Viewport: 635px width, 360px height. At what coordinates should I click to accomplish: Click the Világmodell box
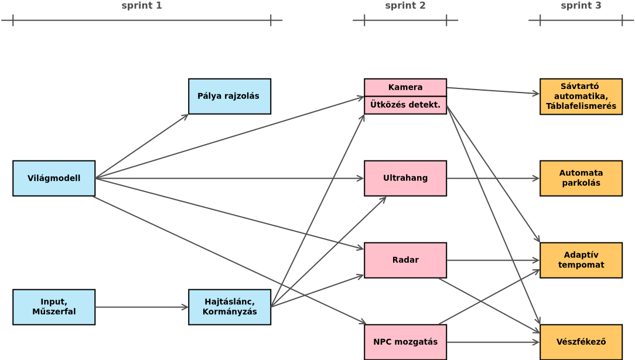coord(54,178)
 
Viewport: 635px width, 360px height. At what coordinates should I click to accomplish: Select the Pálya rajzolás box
coord(229,96)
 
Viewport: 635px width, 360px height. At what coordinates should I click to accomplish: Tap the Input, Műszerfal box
coord(54,307)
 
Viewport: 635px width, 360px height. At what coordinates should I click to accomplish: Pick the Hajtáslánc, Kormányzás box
coord(229,307)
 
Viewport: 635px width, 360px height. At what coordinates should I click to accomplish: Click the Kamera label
coord(405,87)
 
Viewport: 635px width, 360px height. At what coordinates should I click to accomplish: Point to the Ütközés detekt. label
coord(405,105)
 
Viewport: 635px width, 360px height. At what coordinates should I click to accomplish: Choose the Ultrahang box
coord(405,178)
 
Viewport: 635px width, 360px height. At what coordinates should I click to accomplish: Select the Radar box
coord(405,260)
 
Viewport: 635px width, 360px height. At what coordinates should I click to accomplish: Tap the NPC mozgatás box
coord(405,342)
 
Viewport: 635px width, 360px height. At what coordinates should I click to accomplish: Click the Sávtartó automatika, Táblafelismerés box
coord(581,97)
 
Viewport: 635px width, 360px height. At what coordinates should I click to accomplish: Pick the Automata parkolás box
coord(581,178)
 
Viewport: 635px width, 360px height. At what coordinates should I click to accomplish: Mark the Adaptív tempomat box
coord(581,260)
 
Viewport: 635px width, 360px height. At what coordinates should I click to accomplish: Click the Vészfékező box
coord(581,342)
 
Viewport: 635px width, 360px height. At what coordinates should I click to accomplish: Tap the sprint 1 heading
coord(142,6)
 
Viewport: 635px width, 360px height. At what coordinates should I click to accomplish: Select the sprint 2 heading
coord(405,6)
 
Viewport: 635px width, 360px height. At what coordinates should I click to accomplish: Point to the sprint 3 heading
coord(581,6)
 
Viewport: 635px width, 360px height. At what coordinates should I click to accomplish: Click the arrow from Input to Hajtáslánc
coord(141,307)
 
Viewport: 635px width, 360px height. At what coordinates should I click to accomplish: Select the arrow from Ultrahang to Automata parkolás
coord(492,178)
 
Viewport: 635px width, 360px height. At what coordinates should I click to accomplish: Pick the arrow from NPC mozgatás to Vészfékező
coord(492,342)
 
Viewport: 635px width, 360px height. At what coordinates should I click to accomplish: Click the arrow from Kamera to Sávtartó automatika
coord(492,91)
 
